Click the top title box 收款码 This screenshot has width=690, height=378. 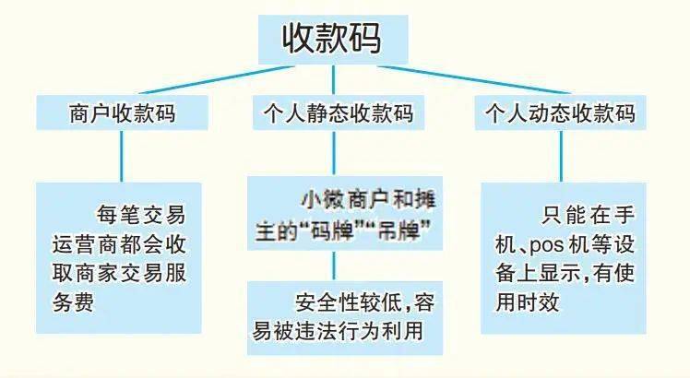tap(333, 39)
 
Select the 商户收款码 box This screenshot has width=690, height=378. tap(122, 112)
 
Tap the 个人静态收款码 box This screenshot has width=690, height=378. tap(339, 112)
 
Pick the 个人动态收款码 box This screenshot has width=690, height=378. tap(561, 112)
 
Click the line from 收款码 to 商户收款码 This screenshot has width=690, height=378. tap(217, 80)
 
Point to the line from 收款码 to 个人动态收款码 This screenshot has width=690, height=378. tap(474, 80)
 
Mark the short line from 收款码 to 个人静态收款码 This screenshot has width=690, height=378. tap(333, 79)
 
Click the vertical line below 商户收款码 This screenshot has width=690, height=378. tap(122, 156)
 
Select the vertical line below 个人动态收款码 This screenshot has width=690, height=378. tap(561, 156)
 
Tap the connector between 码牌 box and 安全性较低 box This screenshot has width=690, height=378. tap(334, 266)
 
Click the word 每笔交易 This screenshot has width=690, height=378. tap(141, 215)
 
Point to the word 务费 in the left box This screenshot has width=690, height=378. tap(74, 302)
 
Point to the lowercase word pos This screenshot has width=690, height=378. tap(546, 245)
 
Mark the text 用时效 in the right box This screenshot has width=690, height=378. tap(528, 302)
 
